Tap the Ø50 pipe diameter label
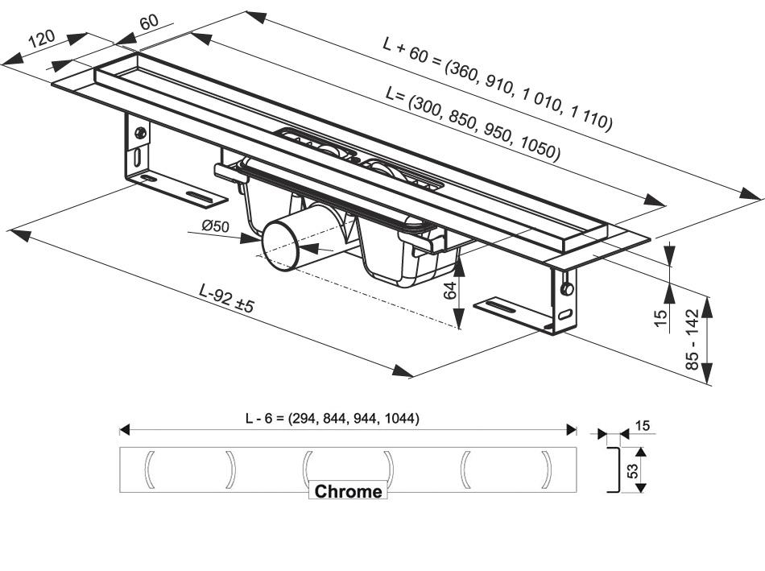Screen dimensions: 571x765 tap(216, 227)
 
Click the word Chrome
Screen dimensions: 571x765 tap(348, 491)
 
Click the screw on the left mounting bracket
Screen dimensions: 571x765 tap(141, 133)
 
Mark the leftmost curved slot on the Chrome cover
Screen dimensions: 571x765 tap(149, 470)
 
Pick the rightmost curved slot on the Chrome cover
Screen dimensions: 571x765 tap(548, 470)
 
